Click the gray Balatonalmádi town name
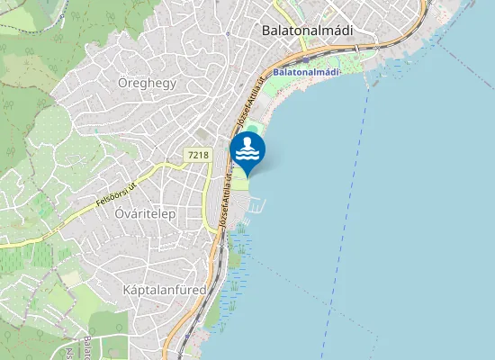point(307,30)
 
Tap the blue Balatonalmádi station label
point(307,71)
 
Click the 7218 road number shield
point(198,155)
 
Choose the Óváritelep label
point(145,214)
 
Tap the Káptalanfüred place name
point(164,290)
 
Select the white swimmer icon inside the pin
point(247,148)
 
